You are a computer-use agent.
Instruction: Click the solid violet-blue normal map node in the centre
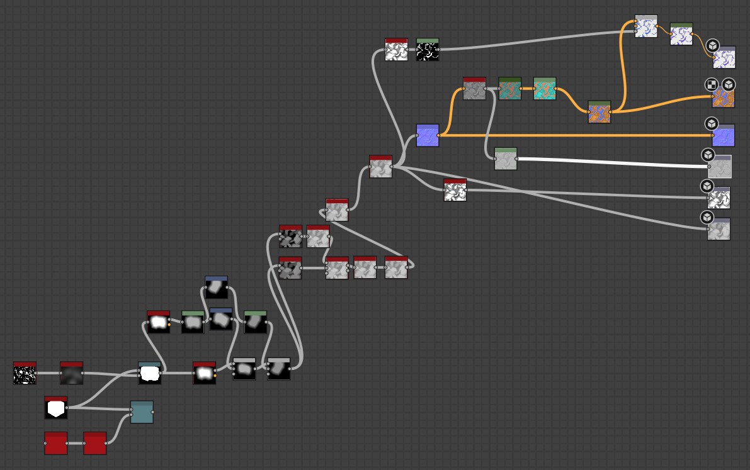(x=428, y=135)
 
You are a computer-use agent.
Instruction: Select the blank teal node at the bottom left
(x=142, y=412)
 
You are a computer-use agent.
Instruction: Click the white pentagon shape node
(x=56, y=408)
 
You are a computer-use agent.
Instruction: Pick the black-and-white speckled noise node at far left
(x=25, y=373)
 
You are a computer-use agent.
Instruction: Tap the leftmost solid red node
(x=56, y=443)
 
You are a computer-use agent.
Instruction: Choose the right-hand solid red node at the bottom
(x=95, y=443)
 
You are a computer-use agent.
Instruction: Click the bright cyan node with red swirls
(x=545, y=89)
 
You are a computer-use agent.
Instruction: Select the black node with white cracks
(x=428, y=50)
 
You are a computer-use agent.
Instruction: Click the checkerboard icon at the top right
(x=711, y=84)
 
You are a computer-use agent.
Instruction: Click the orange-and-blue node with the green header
(x=599, y=112)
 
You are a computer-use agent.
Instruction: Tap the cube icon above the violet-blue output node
(x=711, y=123)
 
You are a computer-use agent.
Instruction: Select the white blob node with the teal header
(x=150, y=373)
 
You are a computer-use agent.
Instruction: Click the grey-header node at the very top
(x=646, y=26)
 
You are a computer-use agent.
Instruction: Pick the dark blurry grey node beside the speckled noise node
(x=72, y=373)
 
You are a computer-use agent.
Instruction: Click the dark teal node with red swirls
(x=509, y=89)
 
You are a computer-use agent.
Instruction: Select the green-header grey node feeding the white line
(x=506, y=159)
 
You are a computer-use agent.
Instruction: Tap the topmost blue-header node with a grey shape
(x=216, y=287)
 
